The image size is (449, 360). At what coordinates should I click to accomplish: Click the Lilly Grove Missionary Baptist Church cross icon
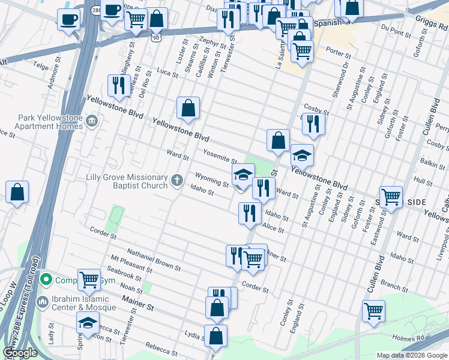click(177, 180)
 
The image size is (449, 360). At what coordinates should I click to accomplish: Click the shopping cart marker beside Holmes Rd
click(373, 311)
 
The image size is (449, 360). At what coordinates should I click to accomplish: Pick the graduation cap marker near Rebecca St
click(88, 323)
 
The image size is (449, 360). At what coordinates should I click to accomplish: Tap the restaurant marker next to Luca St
click(116, 85)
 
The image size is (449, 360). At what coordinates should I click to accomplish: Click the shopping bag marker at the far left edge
click(17, 193)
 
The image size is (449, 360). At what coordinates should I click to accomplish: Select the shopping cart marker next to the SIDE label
click(391, 196)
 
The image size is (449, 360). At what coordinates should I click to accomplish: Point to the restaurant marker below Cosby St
click(313, 124)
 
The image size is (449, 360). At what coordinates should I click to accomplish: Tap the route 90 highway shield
click(156, 37)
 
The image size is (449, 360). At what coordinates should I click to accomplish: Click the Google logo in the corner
click(20, 353)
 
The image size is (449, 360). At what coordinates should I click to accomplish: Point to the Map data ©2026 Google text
click(412, 355)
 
